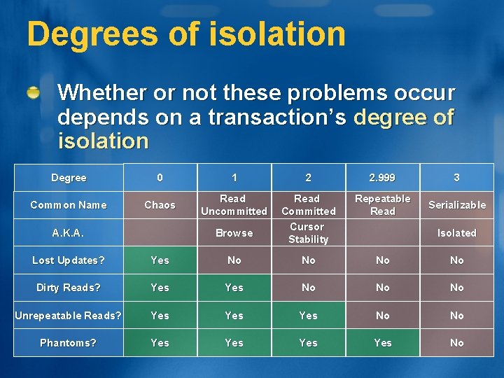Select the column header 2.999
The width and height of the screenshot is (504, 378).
(382, 178)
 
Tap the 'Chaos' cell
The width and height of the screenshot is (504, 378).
(160, 205)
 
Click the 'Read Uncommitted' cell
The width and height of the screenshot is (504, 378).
(234, 205)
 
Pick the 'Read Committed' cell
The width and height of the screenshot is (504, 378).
(308, 205)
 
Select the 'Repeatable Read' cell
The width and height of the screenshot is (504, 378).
(382, 205)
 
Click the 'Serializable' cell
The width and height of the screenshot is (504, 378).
(456, 205)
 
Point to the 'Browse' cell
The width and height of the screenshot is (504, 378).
(234, 233)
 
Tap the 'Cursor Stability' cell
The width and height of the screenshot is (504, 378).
(308, 233)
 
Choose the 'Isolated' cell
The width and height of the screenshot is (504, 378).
(456, 233)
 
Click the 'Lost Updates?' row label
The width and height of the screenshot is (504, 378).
(69, 260)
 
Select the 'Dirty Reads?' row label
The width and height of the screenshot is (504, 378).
(69, 288)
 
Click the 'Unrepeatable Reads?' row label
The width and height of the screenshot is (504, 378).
(69, 316)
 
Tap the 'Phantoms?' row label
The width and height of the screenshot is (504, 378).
(69, 343)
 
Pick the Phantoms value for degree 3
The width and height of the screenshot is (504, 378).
(456, 343)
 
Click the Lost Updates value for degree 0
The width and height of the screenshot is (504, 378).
(160, 260)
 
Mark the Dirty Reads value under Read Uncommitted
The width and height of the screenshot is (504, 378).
(234, 288)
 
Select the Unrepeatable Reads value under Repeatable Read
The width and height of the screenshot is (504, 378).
(382, 316)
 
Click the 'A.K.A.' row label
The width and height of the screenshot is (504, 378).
(69, 233)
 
